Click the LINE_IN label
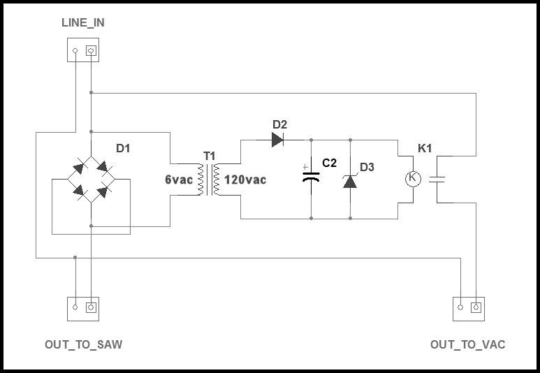(x=83, y=23)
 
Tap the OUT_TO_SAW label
(x=83, y=344)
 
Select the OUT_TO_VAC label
(x=467, y=344)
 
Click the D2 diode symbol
(x=277, y=140)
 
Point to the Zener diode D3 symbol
(x=350, y=181)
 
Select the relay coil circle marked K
(x=413, y=179)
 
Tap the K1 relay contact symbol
(x=437, y=179)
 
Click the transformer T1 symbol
(x=209, y=180)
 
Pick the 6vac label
(x=179, y=180)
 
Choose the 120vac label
(x=245, y=180)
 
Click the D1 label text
(x=123, y=149)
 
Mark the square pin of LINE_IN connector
(x=91, y=51)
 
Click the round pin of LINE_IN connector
(x=75, y=51)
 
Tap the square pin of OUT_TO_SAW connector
(x=91, y=307)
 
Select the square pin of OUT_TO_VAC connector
(x=476, y=307)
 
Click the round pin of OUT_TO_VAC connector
(x=460, y=307)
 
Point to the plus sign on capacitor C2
(x=305, y=168)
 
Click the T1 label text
(x=210, y=156)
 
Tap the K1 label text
(x=425, y=149)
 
